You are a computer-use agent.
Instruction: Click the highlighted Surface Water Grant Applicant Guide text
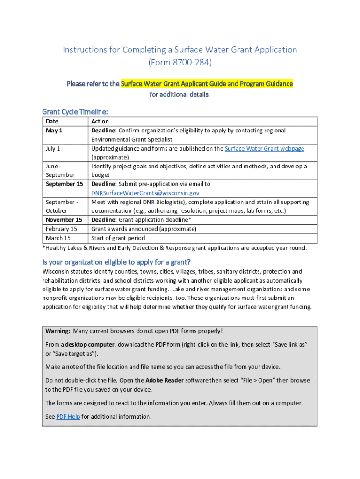[x=207, y=84]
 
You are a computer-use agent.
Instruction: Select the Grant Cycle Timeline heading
[x=75, y=112]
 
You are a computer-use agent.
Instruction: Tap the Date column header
[x=52, y=122]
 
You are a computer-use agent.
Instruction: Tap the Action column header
[x=100, y=122]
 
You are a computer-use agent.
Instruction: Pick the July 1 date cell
[x=53, y=149]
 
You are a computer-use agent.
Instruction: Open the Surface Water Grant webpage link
[x=264, y=149]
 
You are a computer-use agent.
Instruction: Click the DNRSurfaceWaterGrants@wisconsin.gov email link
[x=145, y=193]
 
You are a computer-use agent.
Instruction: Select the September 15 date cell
[x=64, y=184]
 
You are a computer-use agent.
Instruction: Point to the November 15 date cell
[x=64, y=220]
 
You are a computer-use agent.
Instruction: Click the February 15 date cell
[x=61, y=229]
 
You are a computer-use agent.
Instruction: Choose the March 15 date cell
[x=58, y=238]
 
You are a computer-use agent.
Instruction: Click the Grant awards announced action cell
[x=144, y=229]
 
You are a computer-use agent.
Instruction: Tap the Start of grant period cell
[x=118, y=238]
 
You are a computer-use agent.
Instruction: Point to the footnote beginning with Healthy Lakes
[x=174, y=248]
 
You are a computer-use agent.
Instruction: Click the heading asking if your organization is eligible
[x=116, y=261]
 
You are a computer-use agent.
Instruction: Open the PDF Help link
[x=68, y=417]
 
